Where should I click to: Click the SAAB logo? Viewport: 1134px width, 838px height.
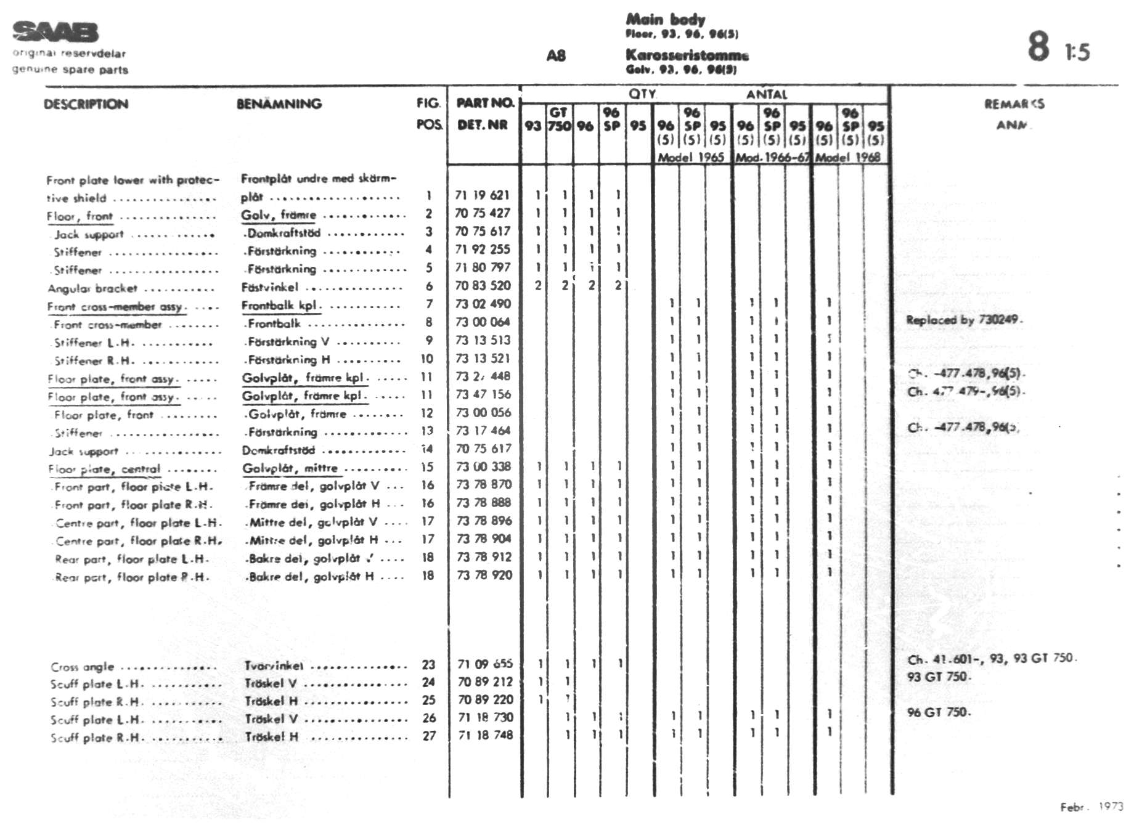click(x=55, y=32)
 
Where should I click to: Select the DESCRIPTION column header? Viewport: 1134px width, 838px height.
click(x=86, y=104)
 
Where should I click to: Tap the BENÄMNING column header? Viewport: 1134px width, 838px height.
click(x=279, y=104)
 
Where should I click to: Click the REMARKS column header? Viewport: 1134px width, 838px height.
click(x=1014, y=104)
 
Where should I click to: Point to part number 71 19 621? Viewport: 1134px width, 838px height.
click(x=483, y=195)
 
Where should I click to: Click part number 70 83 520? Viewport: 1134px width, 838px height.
click(x=483, y=286)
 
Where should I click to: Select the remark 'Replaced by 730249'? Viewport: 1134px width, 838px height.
click(x=964, y=320)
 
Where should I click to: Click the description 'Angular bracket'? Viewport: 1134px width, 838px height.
click(x=92, y=288)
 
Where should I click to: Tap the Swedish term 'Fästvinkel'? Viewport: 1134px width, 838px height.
click(x=269, y=287)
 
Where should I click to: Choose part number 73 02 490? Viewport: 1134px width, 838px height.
click(x=483, y=304)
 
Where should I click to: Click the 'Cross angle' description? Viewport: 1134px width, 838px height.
click(x=83, y=667)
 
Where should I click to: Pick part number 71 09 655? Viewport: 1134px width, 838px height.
click(x=485, y=664)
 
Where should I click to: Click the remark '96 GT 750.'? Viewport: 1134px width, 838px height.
click(x=939, y=712)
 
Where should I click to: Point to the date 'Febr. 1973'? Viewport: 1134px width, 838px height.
click(x=1091, y=807)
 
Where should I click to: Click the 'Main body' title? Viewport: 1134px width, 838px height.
click(x=665, y=20)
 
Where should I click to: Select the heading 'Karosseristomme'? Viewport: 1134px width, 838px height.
click(x=687, y=55)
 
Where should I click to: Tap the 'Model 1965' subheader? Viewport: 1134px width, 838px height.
click(x=690, y=157)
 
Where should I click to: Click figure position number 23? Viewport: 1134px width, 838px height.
click(x=428, y=665)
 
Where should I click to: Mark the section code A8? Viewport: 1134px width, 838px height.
click(x=555, y=56)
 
